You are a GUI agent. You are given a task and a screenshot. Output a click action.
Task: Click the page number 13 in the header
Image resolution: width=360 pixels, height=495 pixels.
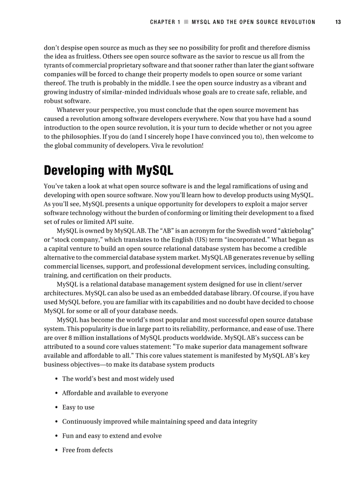pos(337,22)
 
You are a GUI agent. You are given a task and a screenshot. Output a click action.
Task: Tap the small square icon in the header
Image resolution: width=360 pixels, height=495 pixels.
pos(186,22)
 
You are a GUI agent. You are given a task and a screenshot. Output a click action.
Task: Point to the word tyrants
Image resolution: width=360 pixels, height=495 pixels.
pos(55,65)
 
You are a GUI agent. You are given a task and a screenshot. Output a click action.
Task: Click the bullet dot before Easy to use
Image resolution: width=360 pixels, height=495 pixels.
pos(57,407)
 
